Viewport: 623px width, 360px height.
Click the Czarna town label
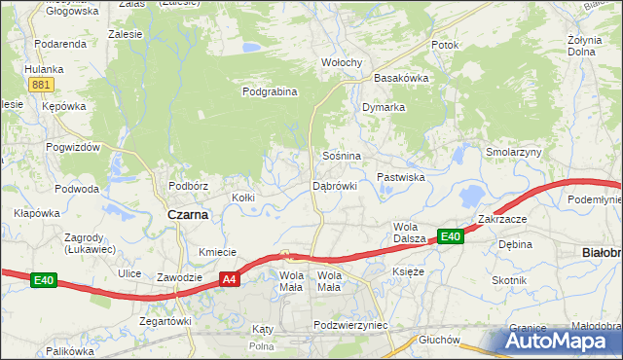pos(188,215)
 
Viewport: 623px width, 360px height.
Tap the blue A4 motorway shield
pos(229,279)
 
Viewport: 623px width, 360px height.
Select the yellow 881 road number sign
pos(40,85)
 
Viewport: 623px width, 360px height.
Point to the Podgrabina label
pos(269,92)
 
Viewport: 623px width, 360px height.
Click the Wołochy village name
pos(342,63)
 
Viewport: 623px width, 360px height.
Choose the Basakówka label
pos(402,78)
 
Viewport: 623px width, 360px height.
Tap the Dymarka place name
pos(384,107)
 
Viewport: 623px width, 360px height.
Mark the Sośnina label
pos(342,156)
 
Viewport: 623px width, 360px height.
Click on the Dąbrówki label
pos(335,185)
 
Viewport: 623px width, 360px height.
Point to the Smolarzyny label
pos(514,153)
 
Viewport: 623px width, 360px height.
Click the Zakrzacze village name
pos(502,219)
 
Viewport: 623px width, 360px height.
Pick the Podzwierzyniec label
pos(351,325)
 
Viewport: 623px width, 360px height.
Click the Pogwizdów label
pos(73,146)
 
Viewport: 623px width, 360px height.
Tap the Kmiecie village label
pos(218,252)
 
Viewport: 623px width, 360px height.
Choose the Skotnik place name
pos(509,280)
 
